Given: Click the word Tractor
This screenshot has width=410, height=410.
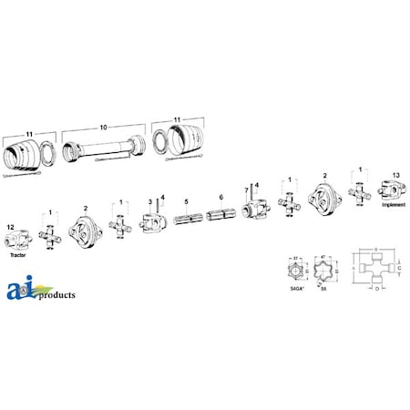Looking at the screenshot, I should [x=17, y=258].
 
